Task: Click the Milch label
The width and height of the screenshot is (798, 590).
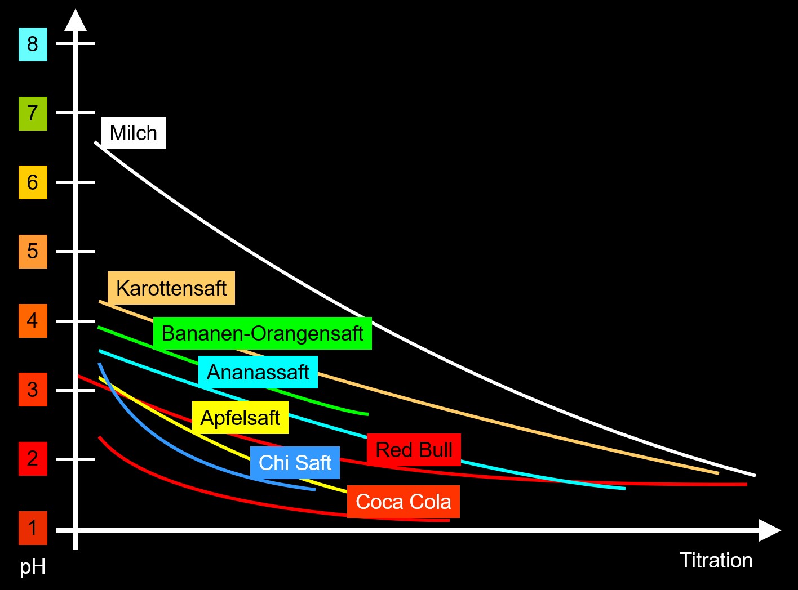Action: coord(134,133)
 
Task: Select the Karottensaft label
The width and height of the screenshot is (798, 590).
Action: coord(171,288)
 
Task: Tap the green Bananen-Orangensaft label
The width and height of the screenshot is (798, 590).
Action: coord(262,333)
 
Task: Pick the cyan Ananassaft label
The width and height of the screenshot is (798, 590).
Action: coord(258,372)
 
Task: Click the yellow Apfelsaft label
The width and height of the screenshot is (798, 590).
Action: coord(240,418)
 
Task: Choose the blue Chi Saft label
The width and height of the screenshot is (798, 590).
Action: coord(295,463)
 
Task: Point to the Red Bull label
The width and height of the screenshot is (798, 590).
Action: coord(414,450)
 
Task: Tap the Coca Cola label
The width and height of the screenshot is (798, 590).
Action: coord(403,502)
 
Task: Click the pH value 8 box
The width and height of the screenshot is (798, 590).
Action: coord(33,44)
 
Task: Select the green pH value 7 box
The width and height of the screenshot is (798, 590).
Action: coord(33,113)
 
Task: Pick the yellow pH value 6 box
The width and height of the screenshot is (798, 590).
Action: coord(33,182)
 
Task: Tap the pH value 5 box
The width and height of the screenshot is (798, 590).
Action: coord(33,251)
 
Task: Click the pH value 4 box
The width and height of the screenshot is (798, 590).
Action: coord(33,320)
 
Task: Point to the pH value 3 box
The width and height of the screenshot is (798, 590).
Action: coord(33,390)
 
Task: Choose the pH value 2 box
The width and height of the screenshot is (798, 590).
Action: coord(33,459)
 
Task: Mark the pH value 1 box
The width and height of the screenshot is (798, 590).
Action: coord(33,528)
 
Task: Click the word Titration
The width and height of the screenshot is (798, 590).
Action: coord(716,561)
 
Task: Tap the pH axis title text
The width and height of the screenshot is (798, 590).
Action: coord(33,567)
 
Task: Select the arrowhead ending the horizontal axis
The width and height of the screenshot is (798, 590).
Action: coord(769,530)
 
